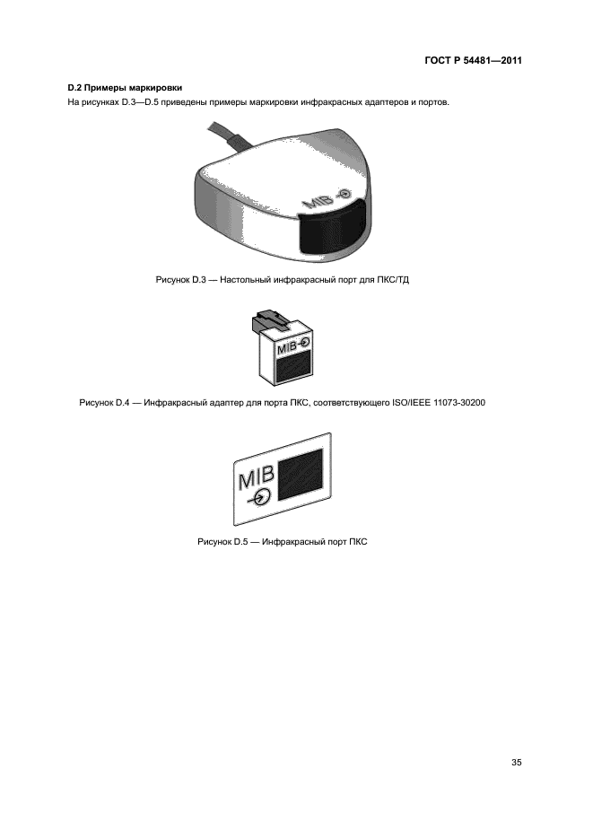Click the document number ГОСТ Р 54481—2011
(x=473, y=60)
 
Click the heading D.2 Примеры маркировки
(x=125, y=88)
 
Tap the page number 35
(x=516, y=763)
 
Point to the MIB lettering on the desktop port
(x=318, y=202)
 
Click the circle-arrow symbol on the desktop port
(x=344, y=194)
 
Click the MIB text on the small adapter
(x=286, y=347)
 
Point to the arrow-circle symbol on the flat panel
(x=260, y=498)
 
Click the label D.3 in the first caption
(x=198, y=280)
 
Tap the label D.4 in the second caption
(x=122, y=402)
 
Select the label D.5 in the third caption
(x=240, y=541)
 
